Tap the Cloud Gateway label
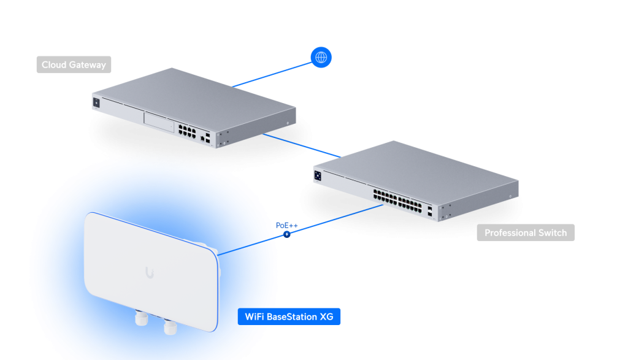tap(74, 64)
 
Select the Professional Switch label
tap(526, 233)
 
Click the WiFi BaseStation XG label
tap(289, 317)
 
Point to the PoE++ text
tap(286, 225)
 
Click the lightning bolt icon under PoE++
tap(286, 234)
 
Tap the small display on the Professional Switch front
tap(318, 176)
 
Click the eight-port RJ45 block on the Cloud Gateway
tap(185, 130)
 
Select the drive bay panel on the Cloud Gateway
tap(158, 122)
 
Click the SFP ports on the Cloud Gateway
tap(209, 138)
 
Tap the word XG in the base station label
tap(327, 317)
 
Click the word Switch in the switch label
tap(554, 233)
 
